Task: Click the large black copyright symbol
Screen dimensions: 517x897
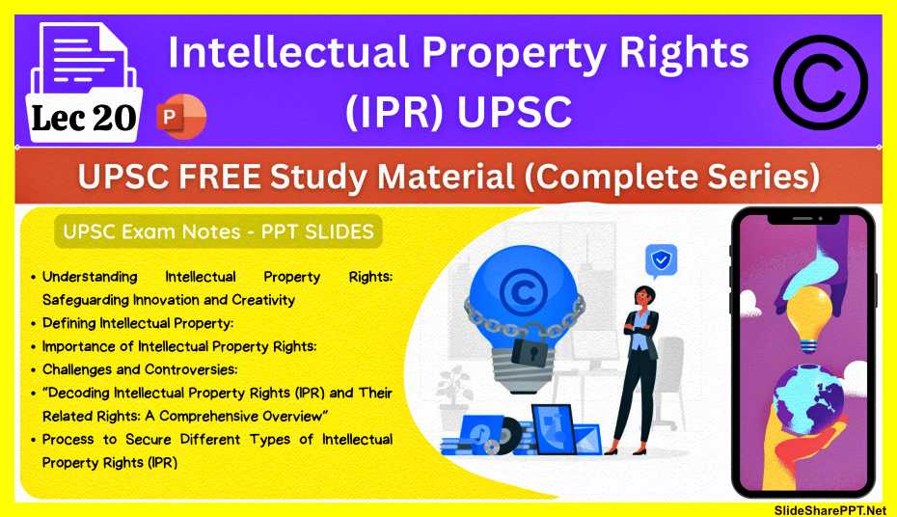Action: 821,82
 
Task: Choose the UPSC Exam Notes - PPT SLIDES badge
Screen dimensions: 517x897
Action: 219,231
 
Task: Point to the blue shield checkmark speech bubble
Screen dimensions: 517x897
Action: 663,258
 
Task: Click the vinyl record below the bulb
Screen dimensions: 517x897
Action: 497,443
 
